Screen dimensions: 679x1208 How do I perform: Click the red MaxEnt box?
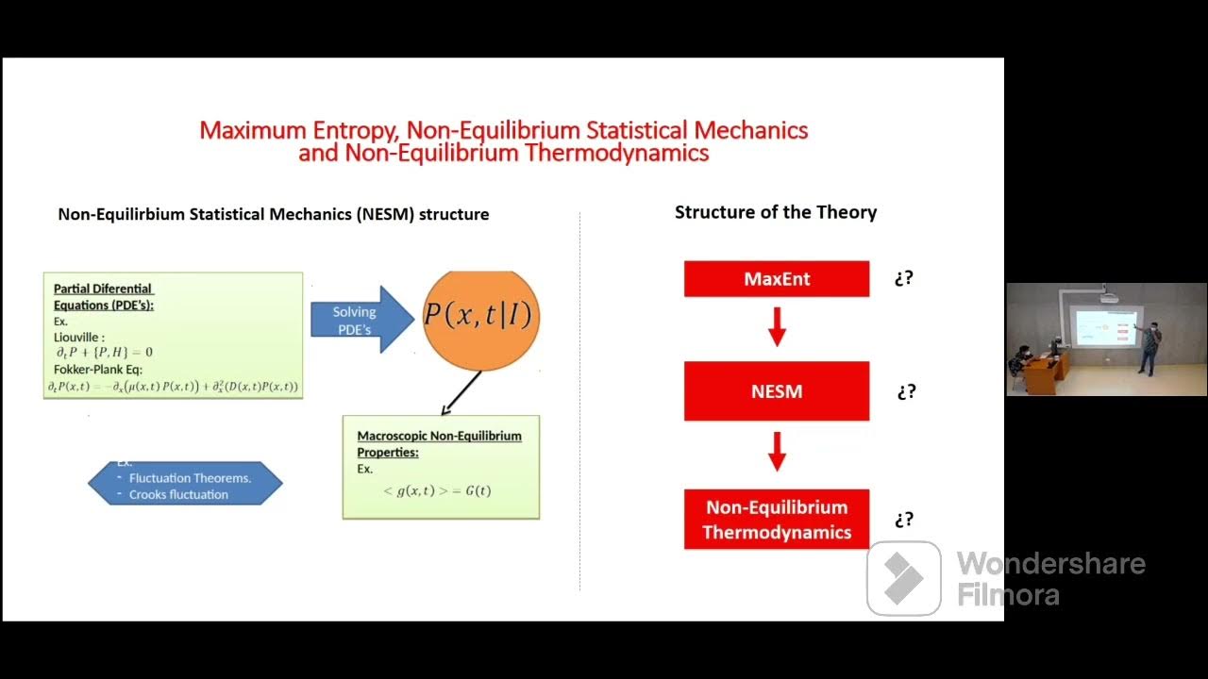pos(776,279)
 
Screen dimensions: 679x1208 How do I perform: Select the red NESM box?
pos(776,391)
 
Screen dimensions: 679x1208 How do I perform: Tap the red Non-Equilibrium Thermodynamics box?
pos(776,520)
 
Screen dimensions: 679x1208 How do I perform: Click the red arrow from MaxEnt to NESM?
pos(777,326)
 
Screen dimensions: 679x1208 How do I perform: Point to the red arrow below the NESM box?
pos(777,452)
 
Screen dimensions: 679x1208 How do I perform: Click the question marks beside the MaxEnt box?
pos(903,278)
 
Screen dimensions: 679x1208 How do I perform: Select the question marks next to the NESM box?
pos(906,391)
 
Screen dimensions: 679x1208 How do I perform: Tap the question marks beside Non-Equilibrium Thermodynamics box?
pos(904,520)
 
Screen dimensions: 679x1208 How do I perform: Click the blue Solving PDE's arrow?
pos(361,320)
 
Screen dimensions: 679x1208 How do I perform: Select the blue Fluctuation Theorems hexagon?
pos(185,484)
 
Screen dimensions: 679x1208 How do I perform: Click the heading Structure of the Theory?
pos(775,212)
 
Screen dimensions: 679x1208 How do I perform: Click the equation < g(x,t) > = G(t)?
pos(437,490)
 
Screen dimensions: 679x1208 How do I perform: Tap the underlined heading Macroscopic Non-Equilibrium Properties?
pos(439,444)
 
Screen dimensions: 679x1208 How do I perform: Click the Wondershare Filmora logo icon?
pos(903,578)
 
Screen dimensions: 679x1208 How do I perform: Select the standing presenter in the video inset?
pos(1149,348)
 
